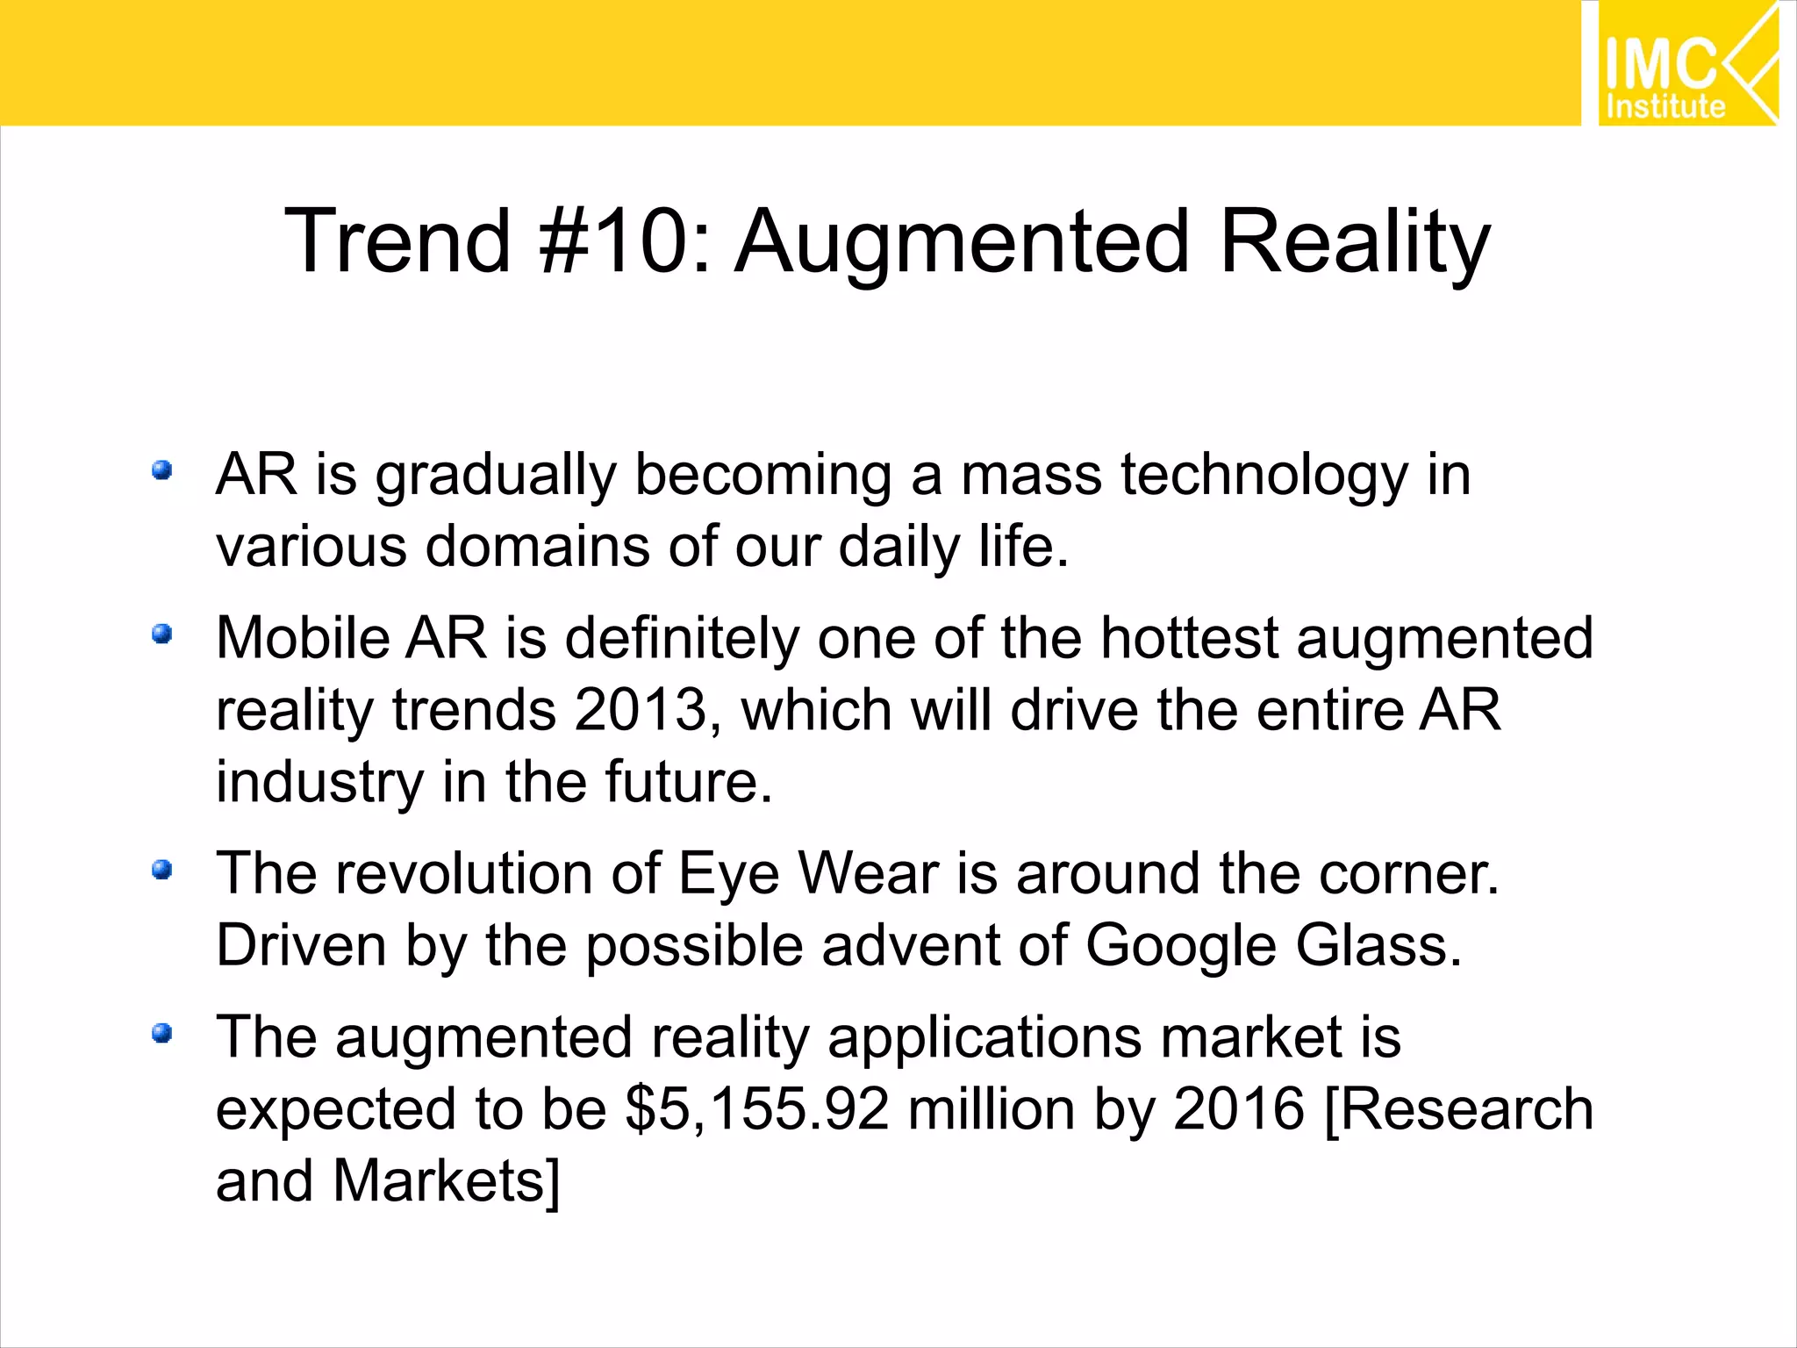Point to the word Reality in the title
(x=1355, y=241)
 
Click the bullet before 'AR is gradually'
(x=161, y=471)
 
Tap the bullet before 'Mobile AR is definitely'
(x=161, y=634)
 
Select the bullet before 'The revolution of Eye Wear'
(x=161, y=870)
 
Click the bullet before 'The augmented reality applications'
(x=161, y=1033)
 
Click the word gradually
(x=496, y=477)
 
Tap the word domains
(x=537, y=548)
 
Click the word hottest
(x=1189, y=638)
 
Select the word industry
(x=319, y=783)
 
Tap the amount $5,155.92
(x=757, y=1109)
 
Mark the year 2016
(x=1238, y=1109)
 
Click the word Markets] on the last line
(x=446, y=1181)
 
